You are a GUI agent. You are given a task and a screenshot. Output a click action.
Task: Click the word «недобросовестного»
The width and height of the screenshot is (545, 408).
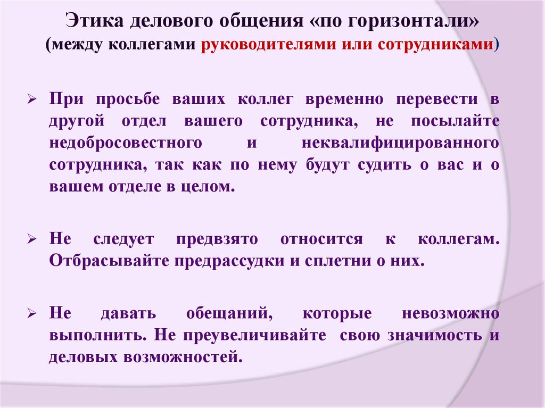[x=126, y=143]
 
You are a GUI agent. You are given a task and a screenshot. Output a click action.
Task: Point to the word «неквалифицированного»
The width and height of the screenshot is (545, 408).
[x=400, y=143]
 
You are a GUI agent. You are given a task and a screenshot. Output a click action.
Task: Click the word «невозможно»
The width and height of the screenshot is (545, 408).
[x=450, y=313]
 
